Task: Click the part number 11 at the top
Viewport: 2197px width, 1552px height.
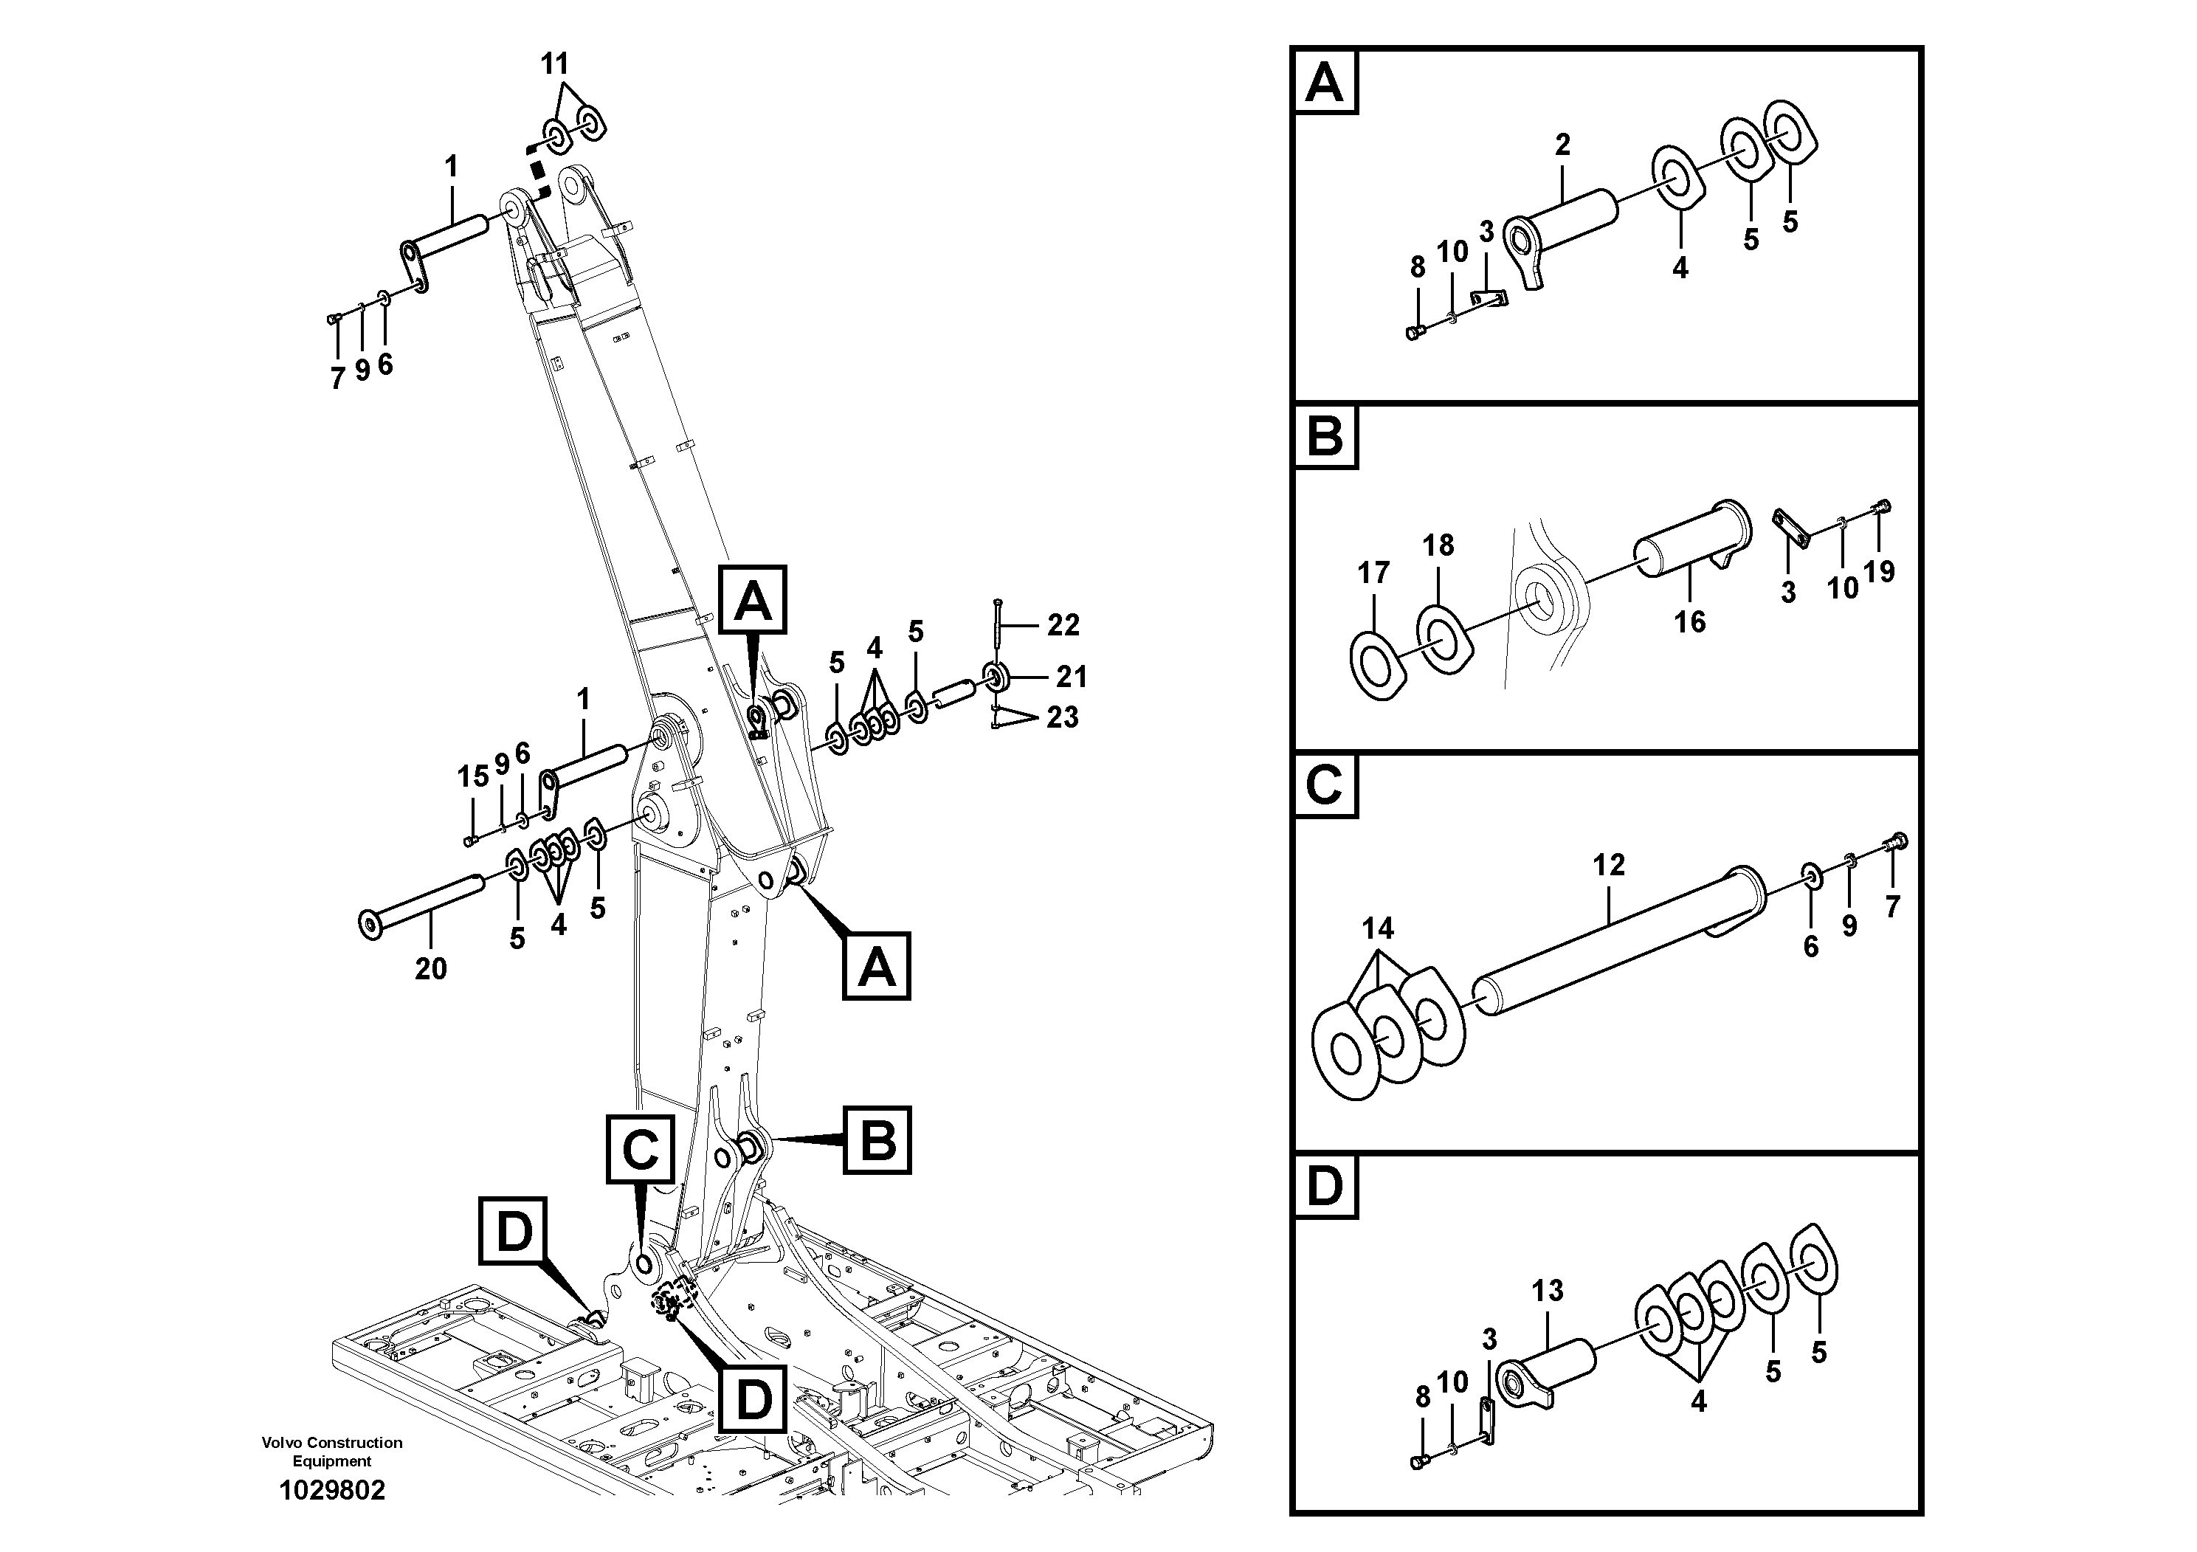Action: [554, 65]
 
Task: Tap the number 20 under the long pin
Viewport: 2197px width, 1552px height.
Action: [430, 969]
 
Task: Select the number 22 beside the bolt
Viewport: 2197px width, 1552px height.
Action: [1063, 625]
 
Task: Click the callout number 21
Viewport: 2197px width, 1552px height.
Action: [1072, 677]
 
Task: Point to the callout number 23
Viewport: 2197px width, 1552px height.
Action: [1062, 717]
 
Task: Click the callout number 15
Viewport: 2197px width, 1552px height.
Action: [473, 777]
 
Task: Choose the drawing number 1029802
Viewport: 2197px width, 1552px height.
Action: [332, 1491]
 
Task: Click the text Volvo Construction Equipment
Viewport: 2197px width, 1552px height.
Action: [332, 1452]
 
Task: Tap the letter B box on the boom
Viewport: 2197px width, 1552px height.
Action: [877, 1140]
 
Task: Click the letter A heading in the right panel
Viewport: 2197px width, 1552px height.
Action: [1325, 83]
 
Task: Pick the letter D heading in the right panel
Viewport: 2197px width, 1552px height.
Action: [1325, 1187]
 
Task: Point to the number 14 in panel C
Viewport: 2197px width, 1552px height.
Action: [1378, 928]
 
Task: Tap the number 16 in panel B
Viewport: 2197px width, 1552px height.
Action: [1690, 622]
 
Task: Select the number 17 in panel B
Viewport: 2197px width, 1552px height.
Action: [1373, 573]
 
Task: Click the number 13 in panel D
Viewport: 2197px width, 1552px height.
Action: [1548, 1291]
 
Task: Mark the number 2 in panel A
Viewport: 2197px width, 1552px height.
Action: [1562, 145]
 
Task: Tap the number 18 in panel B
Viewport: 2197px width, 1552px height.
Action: [1438, 545]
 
